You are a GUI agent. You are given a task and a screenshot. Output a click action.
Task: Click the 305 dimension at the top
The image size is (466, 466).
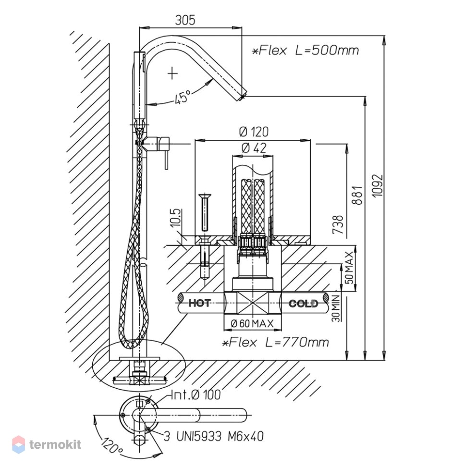[x=185, y=20]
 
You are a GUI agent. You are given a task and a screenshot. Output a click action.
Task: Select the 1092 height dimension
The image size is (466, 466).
[x=378, y=185]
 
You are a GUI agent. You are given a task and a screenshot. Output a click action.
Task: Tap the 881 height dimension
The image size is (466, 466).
[x=357, y=195]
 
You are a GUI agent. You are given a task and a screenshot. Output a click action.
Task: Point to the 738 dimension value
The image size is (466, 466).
[x=338, y=225]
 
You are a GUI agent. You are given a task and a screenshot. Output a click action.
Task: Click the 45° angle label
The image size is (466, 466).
[x=183, y=97]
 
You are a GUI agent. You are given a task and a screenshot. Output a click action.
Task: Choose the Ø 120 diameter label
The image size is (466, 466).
[x=254, y=132]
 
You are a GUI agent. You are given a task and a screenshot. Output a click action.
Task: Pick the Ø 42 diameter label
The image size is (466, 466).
[x=254, y=147]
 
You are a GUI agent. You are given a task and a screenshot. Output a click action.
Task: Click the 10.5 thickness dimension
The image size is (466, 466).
[x=176, y=218]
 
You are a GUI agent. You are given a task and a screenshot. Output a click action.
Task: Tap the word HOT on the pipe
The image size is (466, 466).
[x=200, y=303]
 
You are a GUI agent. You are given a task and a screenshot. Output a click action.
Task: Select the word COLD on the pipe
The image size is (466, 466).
[x=303, y=304]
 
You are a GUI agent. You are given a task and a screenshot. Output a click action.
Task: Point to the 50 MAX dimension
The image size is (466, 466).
[x=350, y=268]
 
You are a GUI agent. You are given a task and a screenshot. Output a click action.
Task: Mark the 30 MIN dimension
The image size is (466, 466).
[x=336, y=308]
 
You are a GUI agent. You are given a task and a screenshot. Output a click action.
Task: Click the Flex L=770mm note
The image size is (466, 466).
[x=275, y=343]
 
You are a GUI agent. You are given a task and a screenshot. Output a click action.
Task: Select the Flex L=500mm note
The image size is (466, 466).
[x=305, y=50]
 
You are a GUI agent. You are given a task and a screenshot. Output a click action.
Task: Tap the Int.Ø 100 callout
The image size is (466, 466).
[x=196, y=395]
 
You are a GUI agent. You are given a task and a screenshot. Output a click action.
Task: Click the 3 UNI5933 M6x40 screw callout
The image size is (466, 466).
[x=213, y=436]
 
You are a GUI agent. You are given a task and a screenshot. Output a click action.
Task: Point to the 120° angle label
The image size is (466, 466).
[x=111, y=445]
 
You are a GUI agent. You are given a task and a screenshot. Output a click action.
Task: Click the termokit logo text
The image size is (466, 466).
[x=55, y=444]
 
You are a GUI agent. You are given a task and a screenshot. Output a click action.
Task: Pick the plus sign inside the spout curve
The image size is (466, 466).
[x=172, y=73]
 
